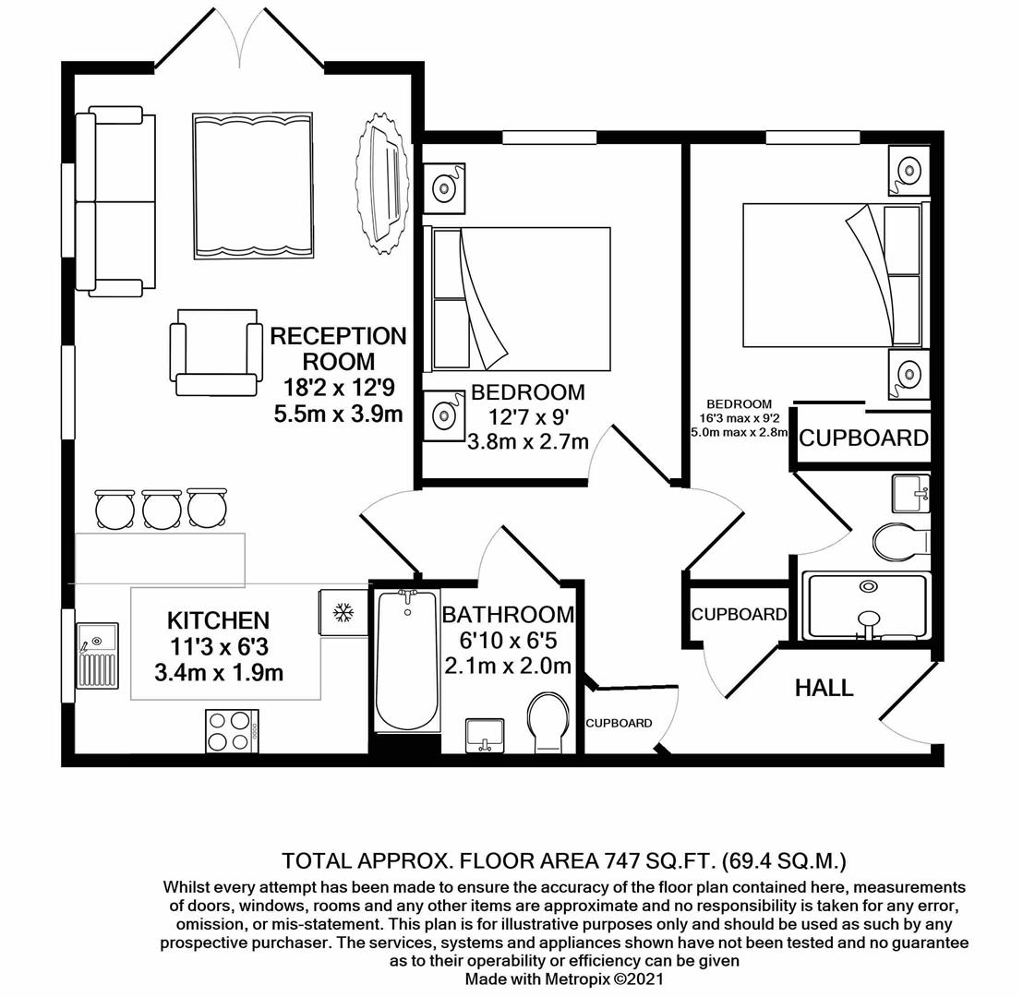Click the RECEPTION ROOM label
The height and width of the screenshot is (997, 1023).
pyautogui.click(x=338, y=348)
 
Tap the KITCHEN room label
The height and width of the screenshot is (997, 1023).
pyautogui.click(x=218, y=620)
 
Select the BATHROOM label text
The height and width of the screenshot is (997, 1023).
pyautogui.click(x=507, y=615)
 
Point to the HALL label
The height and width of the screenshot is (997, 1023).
pyautogui.click(x=824, y=688)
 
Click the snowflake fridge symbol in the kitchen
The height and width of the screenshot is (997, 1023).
pyautogui.click(x=343, y=612)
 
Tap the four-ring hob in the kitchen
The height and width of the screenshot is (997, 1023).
pyautogui.click(x=231, y=730)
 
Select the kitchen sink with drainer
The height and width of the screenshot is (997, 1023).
pyautogui.click(x=97, y=655)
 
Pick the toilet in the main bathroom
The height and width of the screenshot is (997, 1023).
pyautogui.click(x=548, y=723)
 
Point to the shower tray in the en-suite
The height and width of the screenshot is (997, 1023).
pyautogui.click(x=866, y=606)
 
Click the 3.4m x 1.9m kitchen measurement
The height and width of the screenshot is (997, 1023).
pyautogui.click(x=218, y=673)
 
